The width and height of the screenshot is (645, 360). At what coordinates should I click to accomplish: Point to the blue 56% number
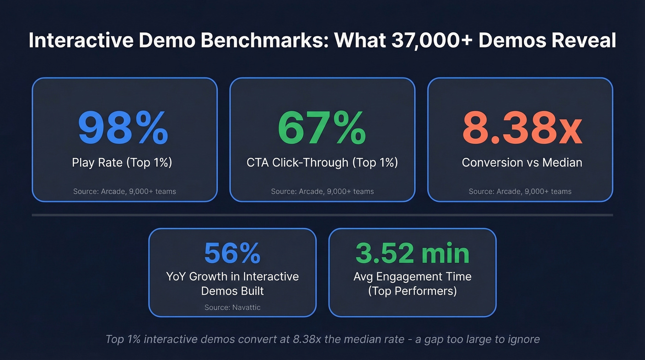coord(232,253)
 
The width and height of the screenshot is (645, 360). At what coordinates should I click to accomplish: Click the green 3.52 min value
coord(412,253)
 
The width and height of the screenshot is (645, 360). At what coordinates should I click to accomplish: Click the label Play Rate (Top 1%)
coord(122,162)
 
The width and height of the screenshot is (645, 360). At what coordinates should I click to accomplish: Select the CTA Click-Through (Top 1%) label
coord(322,162)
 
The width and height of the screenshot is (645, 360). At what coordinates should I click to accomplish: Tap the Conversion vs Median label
coord(522,162)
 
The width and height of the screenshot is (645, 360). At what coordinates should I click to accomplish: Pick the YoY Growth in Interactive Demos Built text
coord(232,283)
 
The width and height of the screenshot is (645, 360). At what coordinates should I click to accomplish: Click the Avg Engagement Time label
coord(412,277)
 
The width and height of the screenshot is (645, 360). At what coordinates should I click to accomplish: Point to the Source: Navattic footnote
coord(232,307)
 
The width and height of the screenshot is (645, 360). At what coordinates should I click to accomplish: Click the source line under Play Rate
coord(124,191)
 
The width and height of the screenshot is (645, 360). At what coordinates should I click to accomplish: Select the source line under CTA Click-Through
coord(322,191)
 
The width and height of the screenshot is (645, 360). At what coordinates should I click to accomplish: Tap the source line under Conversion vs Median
coord(520,191)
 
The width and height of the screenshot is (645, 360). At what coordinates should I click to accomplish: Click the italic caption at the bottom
coord(322,339)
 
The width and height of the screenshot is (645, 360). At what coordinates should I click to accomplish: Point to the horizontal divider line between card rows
coord(322,215)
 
